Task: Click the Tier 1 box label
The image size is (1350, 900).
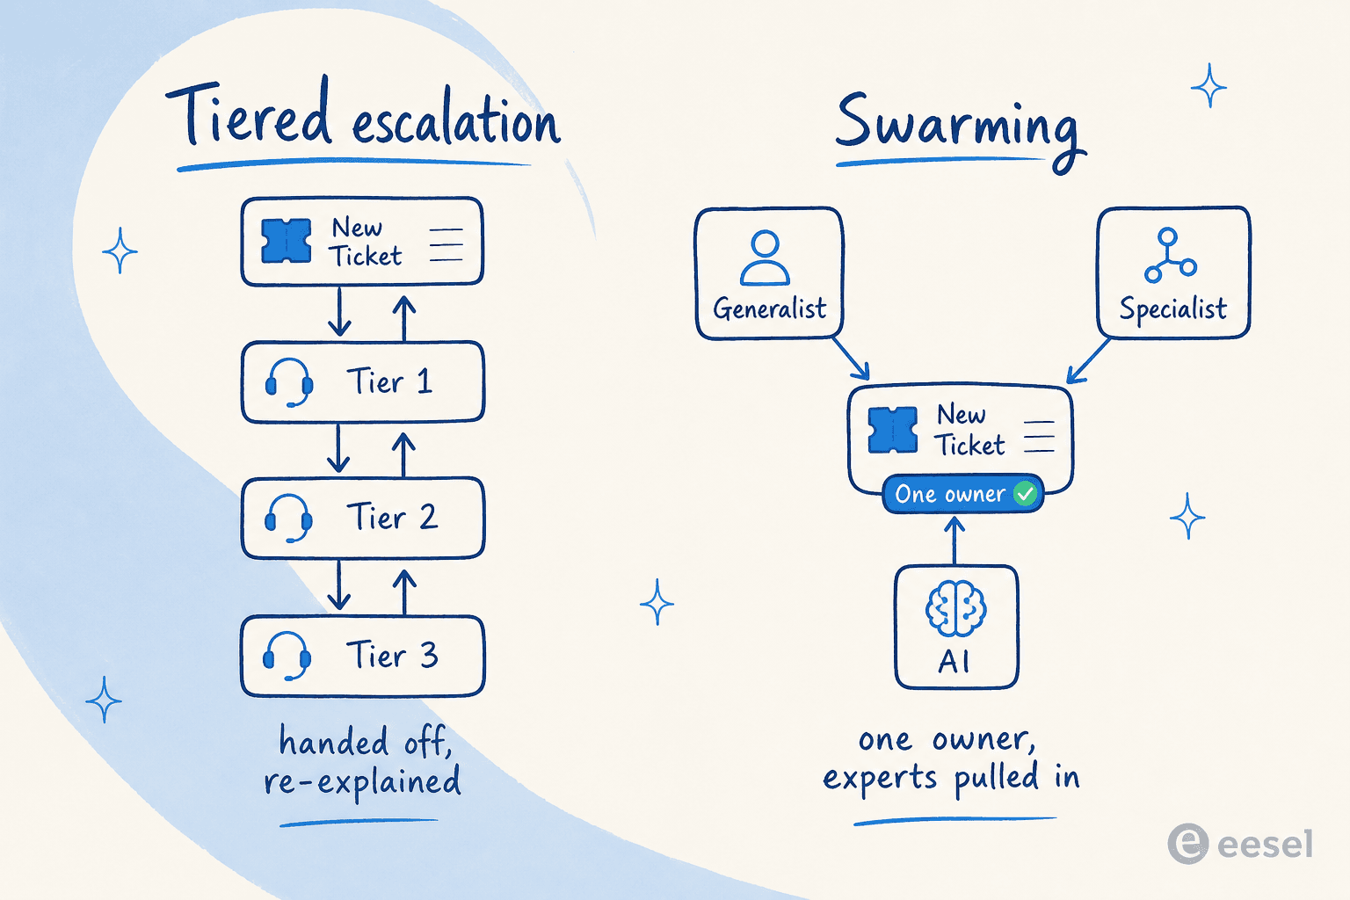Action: coord(389,381)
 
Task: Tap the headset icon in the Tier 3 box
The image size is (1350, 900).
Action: coord(287,656)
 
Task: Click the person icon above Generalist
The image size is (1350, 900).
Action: coord(765,258)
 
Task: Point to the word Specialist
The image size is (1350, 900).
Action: coord(1172,309)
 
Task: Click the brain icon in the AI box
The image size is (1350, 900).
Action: coord(956,607)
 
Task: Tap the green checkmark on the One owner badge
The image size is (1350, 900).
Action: coord(1025,494)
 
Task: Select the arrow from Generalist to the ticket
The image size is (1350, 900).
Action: coord(851,358)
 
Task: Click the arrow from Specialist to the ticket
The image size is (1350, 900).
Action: coord(1088,360)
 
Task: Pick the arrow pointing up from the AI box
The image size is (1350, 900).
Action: coord(954,541)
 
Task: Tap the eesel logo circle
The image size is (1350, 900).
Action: coord(1188,844)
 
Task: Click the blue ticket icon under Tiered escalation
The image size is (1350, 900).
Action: coord(287,241)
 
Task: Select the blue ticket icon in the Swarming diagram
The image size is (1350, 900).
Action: coord(893,430)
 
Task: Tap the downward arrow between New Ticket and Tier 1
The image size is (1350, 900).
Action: coord(339,311)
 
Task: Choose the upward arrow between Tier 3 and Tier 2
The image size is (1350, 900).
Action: coord(404,592)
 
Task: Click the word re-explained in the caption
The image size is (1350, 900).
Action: coord(362,782)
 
